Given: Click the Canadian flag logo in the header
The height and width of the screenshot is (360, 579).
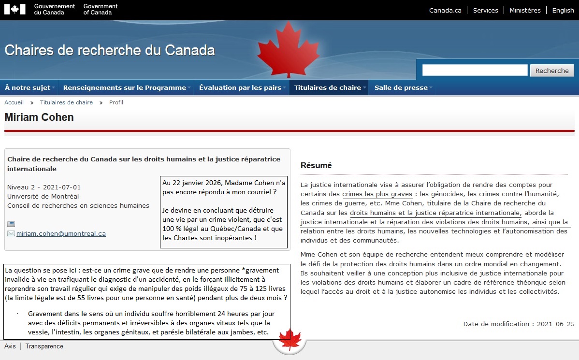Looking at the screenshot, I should click(14, 9).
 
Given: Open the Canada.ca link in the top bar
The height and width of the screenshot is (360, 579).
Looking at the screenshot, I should click(445, 10).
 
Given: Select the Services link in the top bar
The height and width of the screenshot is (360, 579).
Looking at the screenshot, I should click(485, 10).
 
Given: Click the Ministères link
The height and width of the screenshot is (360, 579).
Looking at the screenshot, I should click(525, 10).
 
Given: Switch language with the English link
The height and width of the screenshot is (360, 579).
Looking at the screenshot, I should click(563, 10).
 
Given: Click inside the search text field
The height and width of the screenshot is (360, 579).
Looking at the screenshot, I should click(475, 71).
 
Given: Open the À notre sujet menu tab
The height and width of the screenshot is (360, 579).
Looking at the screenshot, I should click(28, 87).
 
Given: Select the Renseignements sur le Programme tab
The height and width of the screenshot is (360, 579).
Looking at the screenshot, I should click(125, 87).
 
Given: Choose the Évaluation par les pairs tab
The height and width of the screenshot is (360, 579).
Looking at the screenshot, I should click(240, 87).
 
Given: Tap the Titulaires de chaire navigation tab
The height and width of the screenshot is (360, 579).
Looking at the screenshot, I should click(328, 87).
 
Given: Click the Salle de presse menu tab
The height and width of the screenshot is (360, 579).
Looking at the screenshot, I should click(401, 87).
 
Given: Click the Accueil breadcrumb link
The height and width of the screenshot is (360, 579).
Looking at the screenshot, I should click(14, 102).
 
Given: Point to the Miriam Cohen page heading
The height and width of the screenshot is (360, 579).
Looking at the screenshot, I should click(39, 117).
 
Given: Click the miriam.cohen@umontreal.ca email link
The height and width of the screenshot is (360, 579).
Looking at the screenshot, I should click(61, 234).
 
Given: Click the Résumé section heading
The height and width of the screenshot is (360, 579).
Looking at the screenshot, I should click(316, 165).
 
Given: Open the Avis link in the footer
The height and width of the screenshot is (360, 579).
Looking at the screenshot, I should click(10, 346).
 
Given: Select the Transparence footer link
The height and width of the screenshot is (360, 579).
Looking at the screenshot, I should click(44, 346).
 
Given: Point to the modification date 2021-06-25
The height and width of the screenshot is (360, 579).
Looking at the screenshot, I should click(556, 324).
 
